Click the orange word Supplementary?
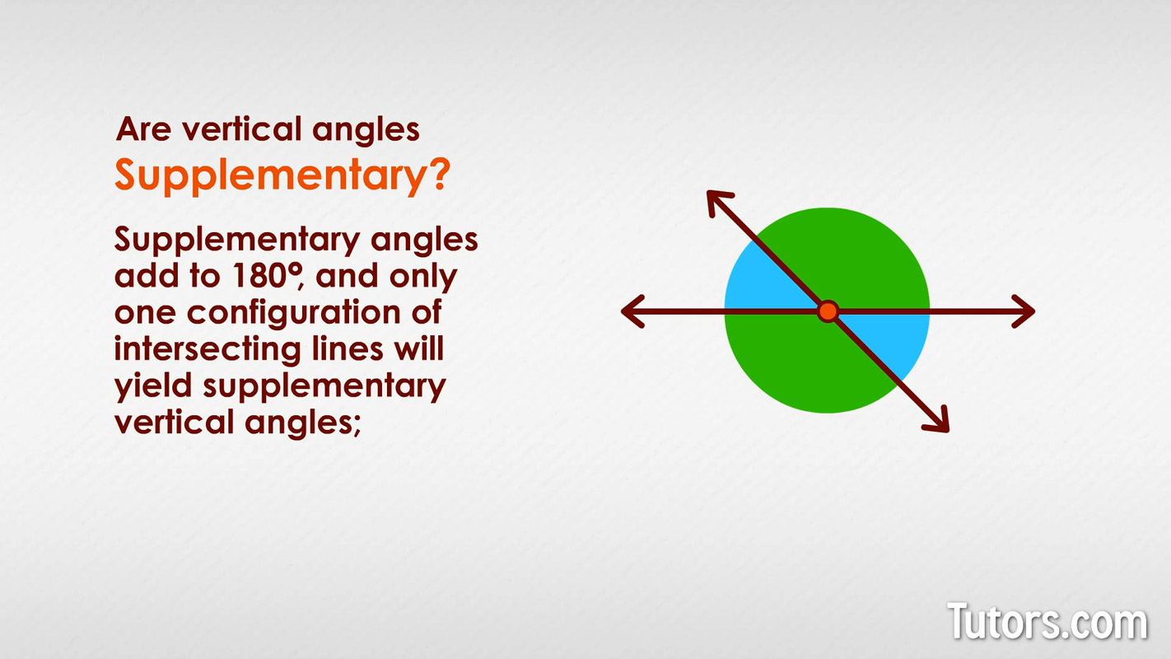click(x=282, y=176)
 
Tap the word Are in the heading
click(x=144, y=129)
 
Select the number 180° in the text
click(x=267, y=276)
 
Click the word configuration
click(x=294, y=314)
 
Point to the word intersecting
click(x=208, y=350)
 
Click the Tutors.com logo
click(x=1047, y=621)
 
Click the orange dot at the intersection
click(x=828, y=311)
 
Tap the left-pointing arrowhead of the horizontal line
click(x=632, y=311)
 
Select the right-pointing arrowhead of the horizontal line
click(x=1024, y=311)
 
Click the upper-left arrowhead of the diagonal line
click(x=718, y=201)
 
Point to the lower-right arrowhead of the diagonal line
click(x=938, y=422)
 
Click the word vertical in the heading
click(x=241, y=129)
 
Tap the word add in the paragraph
click(x=148, y=276)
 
